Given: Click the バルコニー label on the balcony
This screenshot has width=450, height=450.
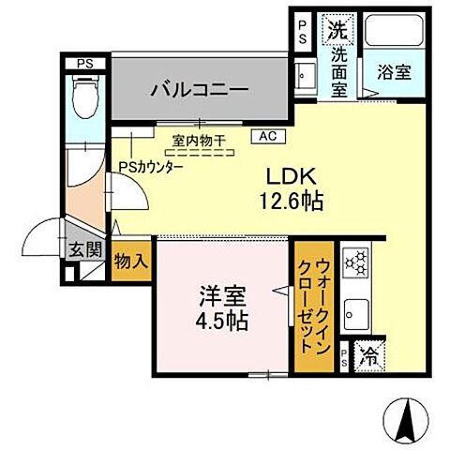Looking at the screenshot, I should [x=199, y=91].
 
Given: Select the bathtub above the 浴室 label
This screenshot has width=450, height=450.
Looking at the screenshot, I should [x=389, y=34].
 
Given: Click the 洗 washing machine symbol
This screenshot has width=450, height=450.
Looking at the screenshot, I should [x=337, y=28].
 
